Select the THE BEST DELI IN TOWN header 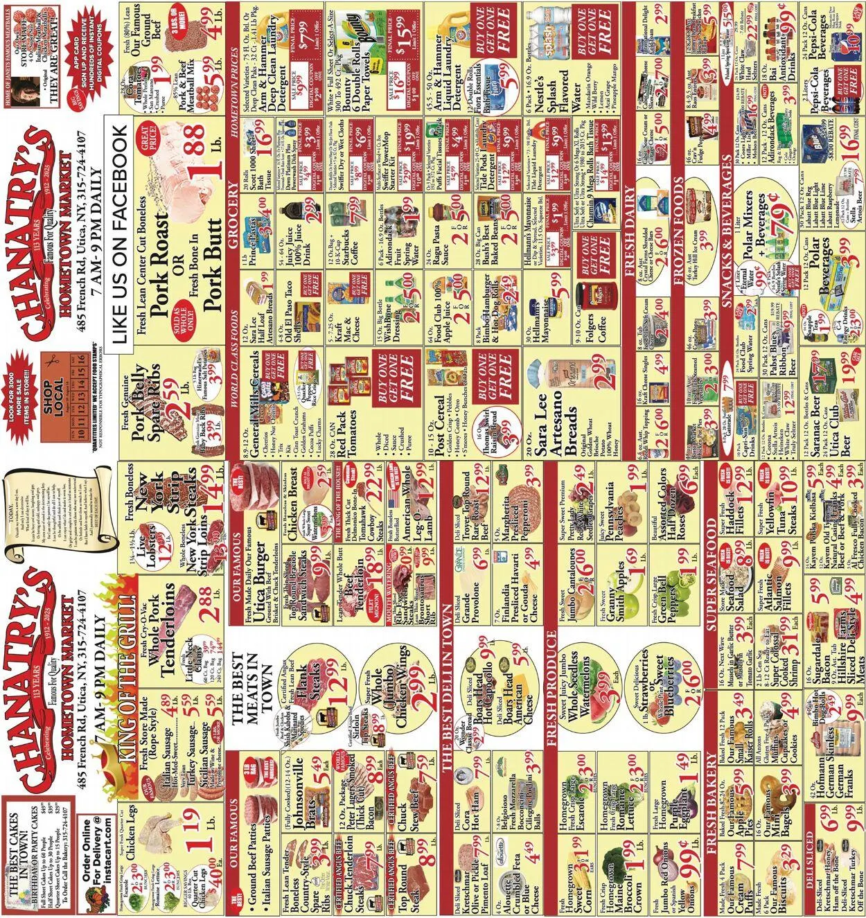click(x=446, y=693)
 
